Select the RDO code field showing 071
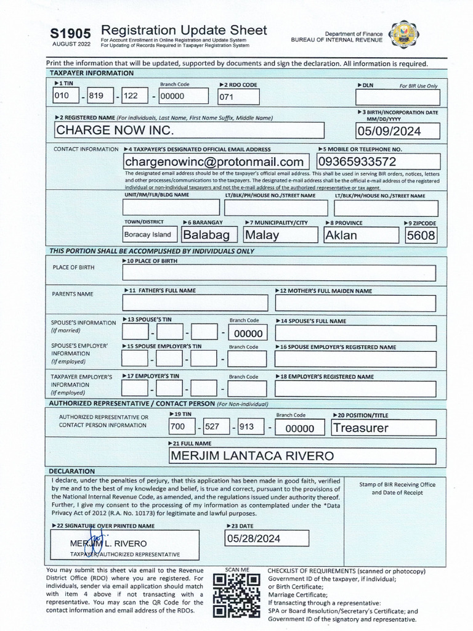pyautogui.click(x=233, y=97)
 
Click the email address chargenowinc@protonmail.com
pyautogui.click(x=214, y=161)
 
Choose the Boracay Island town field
pyautogui.click(x=150, y=235)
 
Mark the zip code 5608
pyautogui.click(x=421, y=235)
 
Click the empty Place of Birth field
pyautogui.click(x=278, y=273)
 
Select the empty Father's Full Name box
pyautogui.click(x=195, y=303)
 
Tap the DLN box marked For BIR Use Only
pyautogui.click(x=397, y=97)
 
